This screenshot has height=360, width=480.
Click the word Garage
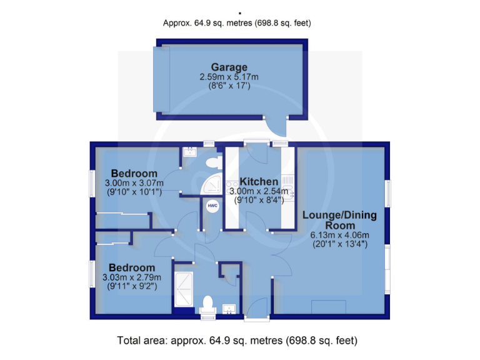pyautogui.click(x=229, y=67)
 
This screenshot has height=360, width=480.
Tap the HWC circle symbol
pyautogui.click(x=212, y=205)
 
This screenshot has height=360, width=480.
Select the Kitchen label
pyautogui.click(x=258, y=181)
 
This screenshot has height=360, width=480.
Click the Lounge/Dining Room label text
pyautogui.click(x=339, y=220)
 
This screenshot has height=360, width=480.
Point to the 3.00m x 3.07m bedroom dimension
pyautogui.click(x=134, y=183)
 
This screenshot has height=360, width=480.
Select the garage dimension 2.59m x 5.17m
pyautogui.click(x=229, y=77)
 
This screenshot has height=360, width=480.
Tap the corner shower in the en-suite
pyautogui.click(x=212, y=184)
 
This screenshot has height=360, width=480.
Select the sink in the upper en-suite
pyautogui.click(x=190, y=152)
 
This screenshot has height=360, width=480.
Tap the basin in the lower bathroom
pyautogui.click(x=229, y=308)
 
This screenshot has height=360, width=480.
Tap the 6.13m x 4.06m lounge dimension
pyautogui.click(x=339, y=236)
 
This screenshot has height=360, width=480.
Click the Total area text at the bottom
pyautogui.click(x=237, y=341)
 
